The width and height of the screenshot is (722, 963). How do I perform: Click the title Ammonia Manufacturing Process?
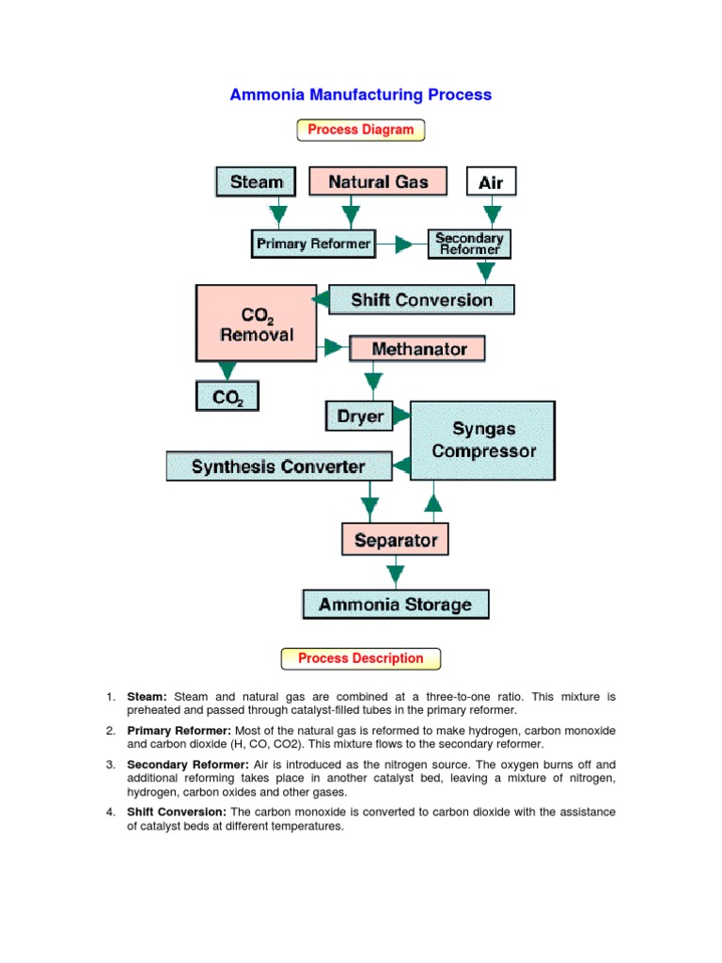click(361, 95)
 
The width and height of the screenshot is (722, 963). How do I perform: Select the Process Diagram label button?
click(361, 130)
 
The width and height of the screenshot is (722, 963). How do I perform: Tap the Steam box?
click(256, 182)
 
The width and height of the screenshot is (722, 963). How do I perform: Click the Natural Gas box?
click(378, 182)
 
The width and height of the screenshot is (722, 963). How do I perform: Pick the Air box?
click(491, 182)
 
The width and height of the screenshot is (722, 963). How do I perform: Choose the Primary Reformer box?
click(314, 245)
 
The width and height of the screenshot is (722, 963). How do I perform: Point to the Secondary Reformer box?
click(470, 244)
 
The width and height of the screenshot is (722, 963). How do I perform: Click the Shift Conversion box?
click(421, 300)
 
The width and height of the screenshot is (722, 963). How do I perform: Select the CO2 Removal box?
click(256, 323)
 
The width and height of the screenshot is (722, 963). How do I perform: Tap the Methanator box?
click(418, 349)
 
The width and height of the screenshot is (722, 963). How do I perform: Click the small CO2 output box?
click(227, 397)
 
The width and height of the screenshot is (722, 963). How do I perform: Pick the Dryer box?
click(360, 415)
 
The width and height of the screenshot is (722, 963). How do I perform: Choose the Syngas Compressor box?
click(482, 439)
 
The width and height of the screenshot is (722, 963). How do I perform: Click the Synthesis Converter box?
click(278, 466)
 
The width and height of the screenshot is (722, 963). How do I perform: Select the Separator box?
click(395, 540)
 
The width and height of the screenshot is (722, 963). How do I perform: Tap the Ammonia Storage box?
click(395, 604)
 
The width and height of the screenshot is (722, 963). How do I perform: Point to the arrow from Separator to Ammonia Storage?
click(396, 572)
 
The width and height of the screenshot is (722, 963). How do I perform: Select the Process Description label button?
click(361, 658)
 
